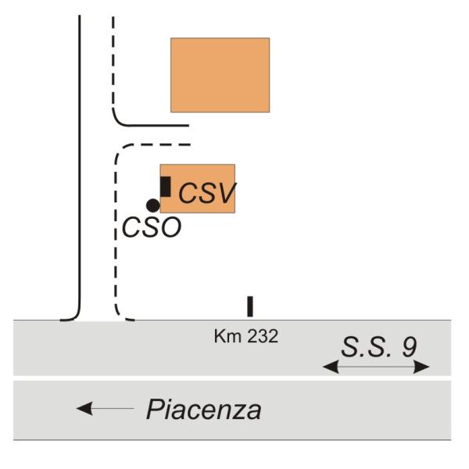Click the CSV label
click(207, 193)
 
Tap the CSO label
click(152, 227)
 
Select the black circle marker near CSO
click(153, 206)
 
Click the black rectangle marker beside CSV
click(166, 187)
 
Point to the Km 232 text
click(246, 336)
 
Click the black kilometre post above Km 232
click(250, 306)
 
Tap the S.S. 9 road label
click(379, 347)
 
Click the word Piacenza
click(204, 410)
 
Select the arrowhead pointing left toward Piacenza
click(84, 408)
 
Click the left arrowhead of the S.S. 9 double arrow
click(331, 367)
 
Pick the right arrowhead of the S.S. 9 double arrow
click(421, 367)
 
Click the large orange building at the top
click(220, 75)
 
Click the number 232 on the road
click(263, 336)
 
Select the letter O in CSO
click(170, 227)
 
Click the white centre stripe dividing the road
click(232, 378)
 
